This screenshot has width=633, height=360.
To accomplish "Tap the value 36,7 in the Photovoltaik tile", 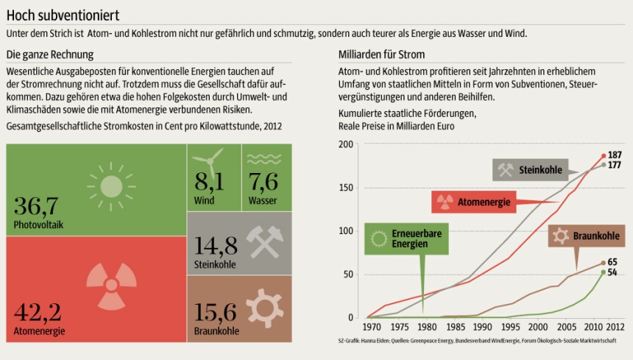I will (36, 205).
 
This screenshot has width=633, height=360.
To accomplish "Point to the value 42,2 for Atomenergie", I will (37, 312).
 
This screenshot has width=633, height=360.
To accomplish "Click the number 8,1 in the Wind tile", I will (209, 181).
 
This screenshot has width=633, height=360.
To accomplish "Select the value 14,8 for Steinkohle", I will (216, 245).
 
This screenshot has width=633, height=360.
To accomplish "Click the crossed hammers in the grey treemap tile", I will (263, 241).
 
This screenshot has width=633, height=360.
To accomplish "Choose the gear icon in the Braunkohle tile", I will (264, 307).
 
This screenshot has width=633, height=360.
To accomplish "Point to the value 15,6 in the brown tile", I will (216, 312).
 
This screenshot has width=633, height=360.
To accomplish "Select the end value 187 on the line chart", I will (615, 155).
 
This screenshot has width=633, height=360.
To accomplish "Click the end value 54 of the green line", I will (612, 272).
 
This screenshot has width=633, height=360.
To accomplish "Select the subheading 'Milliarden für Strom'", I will (381, 55).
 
